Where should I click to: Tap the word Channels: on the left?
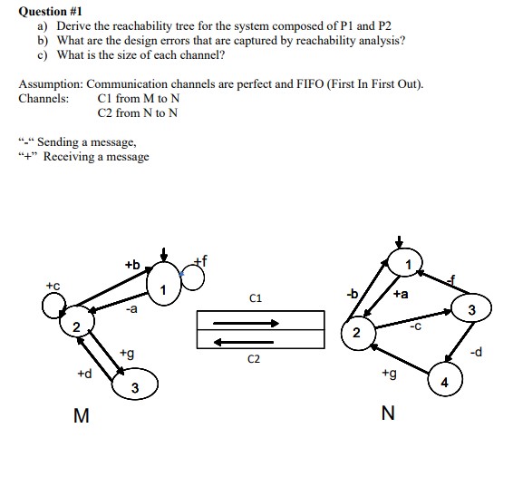coord(43,98)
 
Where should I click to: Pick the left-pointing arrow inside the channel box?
coord(260,341)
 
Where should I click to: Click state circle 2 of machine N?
coord(359,333)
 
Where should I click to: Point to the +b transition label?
coord(132,264)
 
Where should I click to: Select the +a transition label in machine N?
coord(402,294)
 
